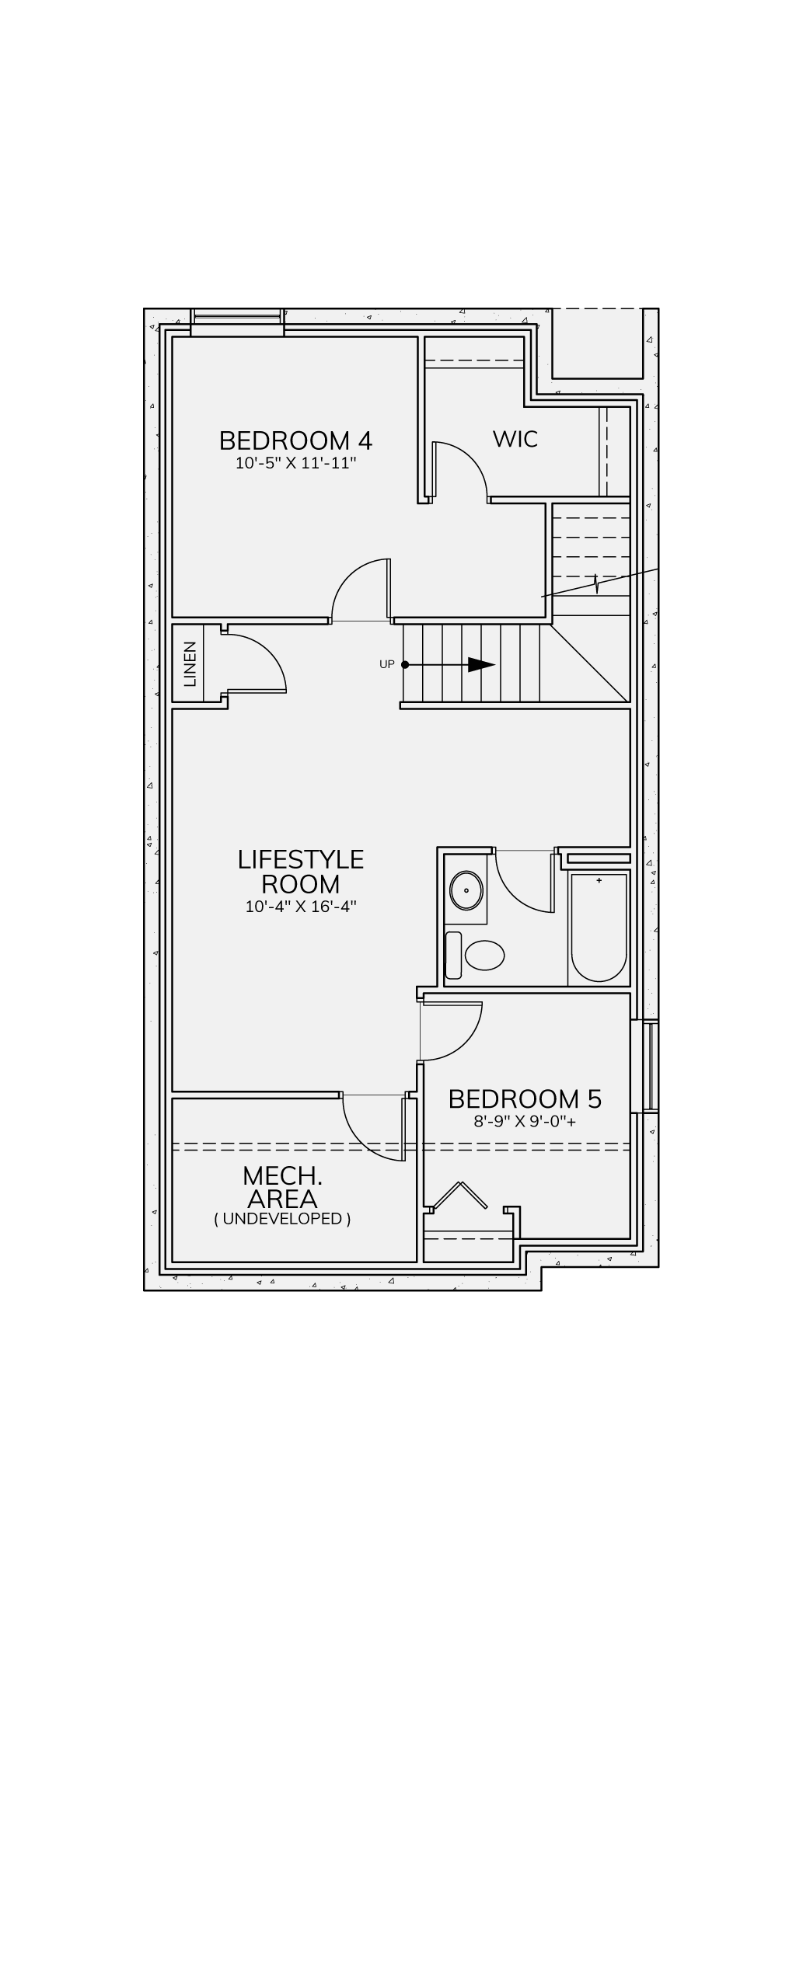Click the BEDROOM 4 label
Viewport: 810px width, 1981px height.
pos(295,440)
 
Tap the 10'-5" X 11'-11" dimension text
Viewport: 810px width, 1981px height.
pos(295,464)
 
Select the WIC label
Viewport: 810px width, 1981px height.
pos(515,439)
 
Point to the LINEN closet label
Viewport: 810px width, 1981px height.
pos(190,664)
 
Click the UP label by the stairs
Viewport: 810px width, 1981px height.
pos(386,664)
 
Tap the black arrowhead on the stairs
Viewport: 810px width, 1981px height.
pos(481,665)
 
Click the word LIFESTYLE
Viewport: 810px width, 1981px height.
pos(301,859)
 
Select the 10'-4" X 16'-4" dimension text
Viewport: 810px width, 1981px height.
pos(301,907)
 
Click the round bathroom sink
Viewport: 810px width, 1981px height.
pos(466,890)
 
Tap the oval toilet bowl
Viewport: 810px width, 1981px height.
pos(484,955)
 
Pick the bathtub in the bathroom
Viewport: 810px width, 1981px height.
pos(599,928)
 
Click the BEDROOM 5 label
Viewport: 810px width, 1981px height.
pos(525,1098)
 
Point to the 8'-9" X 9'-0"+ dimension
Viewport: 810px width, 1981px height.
pos(525,1122)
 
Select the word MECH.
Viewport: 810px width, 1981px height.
pos(282,1175)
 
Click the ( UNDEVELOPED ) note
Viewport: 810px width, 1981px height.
pos(282,1218)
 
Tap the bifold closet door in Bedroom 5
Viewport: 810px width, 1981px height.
pos(460,1196)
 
